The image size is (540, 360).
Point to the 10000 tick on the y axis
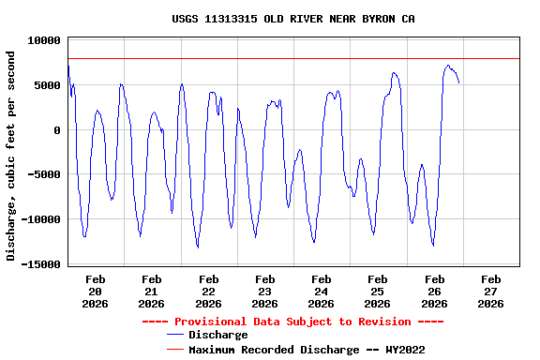click(x=44, y=40)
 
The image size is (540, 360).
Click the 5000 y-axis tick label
click(x=47, y=85)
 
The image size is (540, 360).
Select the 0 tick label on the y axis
click(x=57, y=130)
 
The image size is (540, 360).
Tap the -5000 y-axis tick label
click(x=44, y=174)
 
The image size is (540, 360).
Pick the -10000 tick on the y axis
click(x=41, y=219)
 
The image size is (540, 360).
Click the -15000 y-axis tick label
click(x=41, y=264)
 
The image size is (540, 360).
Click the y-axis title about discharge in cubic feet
click(x=11, y=155)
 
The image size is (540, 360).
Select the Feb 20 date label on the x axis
click(x=95, y=291)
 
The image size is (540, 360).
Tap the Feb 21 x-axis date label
click(x=151, y=291)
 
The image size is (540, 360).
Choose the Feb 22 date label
click(x=208, y=291)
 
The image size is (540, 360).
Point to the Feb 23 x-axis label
click(x=264, y=291)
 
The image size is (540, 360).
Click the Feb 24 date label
click(x=321, y=291)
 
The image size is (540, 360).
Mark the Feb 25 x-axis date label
click(x=377, y=291)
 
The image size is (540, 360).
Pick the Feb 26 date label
click(x=434, y=291)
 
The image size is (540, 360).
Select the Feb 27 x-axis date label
click(x=490, y=291)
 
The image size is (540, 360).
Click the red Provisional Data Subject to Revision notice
click(x=292, y=322)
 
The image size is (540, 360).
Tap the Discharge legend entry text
click(x=217, y=335)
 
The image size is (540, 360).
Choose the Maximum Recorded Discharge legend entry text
click(x=307, y=350)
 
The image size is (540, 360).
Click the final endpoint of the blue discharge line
click(x=458, y=82)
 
